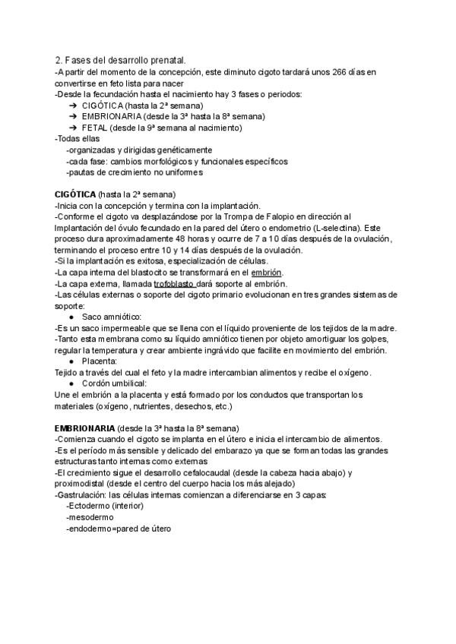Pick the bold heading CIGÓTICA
pyautogui.click(x=76, y=194)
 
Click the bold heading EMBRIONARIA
pyautogui.click(x=85, y=428)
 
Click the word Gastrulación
pyautogui.click(x=85, y=495)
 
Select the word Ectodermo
pyautogui.click(x=88, y=506)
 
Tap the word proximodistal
pyautogui.click(x=82, y=484)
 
